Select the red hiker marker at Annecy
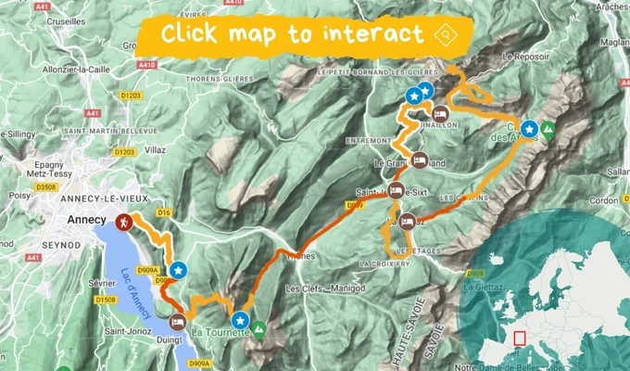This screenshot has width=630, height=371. [x=124, y=223]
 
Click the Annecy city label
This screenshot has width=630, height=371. [x=88, y=220]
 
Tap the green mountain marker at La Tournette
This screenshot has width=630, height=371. [x=260, y=328]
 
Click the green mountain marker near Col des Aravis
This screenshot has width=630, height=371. [x=548, y=131]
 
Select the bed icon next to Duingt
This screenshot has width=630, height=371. [x=177, y=324]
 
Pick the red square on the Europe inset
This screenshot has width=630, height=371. [x=520, y=339]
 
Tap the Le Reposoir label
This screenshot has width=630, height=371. [x=525, y=56]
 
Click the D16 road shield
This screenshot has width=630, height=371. [x=166, y=212]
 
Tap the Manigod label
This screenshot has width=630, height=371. [x=337, y=288]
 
